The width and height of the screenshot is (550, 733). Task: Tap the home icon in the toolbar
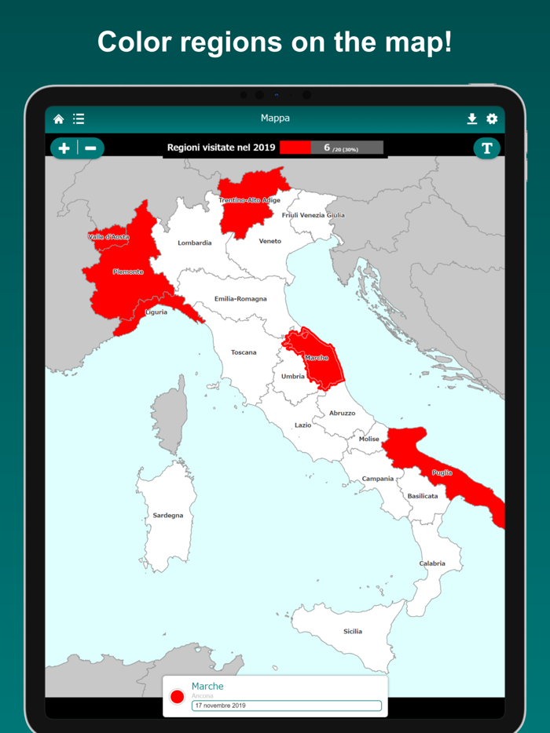click(x=59, y=119)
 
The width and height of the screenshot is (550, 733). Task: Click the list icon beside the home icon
click(x=79, y=119)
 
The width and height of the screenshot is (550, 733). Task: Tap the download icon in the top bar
click(x=471, y=119)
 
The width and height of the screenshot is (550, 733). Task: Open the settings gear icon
click(x=492, y=119)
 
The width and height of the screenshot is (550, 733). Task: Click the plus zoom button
click(x=64, y=148)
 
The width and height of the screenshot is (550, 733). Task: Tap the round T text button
click(x=486, y=148)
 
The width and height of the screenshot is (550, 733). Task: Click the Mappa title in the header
click(x=275, y=119)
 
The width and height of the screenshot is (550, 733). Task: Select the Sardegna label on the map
click(x=168, y=516)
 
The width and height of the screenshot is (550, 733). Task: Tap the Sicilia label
click(x=353, y=632)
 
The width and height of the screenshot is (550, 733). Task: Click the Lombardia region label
click(x=194, y=243)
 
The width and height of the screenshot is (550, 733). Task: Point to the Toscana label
click(x=244, y=352)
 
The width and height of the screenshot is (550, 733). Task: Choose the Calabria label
click(x=432, y=563)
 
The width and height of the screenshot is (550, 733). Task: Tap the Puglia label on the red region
click(x=442, y=473)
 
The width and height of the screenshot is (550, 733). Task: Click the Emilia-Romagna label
click(x=240, y=299)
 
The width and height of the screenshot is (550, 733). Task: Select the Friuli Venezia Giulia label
click(x=313, y=215)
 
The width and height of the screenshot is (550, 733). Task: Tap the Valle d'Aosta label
click(x=108, y=237)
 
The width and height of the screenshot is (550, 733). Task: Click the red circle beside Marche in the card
click(x=178, y=696)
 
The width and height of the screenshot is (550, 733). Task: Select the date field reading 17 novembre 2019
click(x=287, y=706)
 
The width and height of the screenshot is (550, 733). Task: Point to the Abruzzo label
click(x=342, y=413)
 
